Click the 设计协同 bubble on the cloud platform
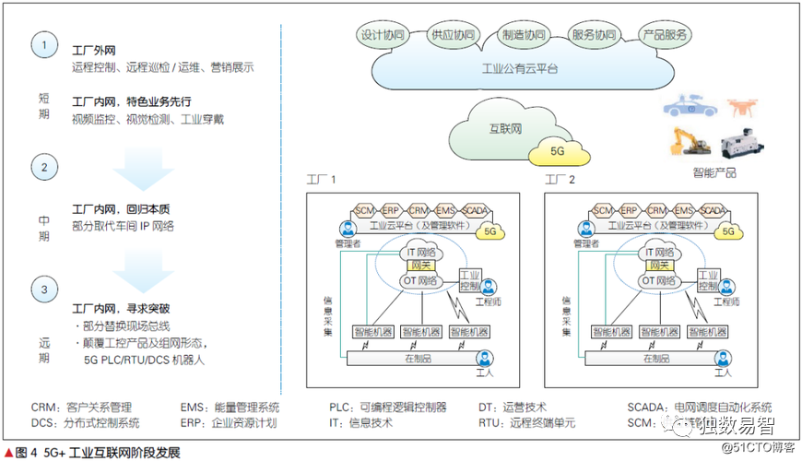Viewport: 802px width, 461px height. [382, 37]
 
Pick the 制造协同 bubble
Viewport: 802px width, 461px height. [522, 37]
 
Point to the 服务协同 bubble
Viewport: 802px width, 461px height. [593, 37]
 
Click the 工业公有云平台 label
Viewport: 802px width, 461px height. [520, 68]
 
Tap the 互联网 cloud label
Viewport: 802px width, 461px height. [504, 129]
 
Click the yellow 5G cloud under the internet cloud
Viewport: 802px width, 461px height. [557, 150]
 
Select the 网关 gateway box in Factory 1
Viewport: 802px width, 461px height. [420, 265]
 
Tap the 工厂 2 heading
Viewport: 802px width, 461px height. [560, 180]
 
